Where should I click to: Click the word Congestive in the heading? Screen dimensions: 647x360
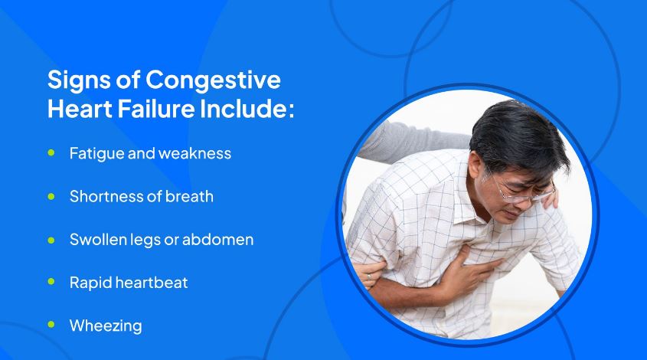coord(213,80)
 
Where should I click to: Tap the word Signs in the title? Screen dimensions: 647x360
coord(79,80)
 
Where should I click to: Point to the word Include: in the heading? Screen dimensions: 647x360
coord(247,109)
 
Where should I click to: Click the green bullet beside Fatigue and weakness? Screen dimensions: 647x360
coord(51,152)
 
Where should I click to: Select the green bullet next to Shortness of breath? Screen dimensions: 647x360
coord(51,196)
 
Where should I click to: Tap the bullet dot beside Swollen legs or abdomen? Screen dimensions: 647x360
coord(51,240)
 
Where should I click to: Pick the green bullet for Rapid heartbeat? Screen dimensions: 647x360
coord(51,282)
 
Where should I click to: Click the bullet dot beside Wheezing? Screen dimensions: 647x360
coord(51,325)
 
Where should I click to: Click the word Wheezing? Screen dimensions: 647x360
coord(106,326)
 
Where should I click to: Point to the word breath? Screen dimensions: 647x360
coord(189,197)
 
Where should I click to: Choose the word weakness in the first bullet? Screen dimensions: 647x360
coord(194,154)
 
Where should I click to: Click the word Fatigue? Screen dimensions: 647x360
coord(96,154)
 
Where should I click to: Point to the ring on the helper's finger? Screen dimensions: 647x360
coord(369,277)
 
